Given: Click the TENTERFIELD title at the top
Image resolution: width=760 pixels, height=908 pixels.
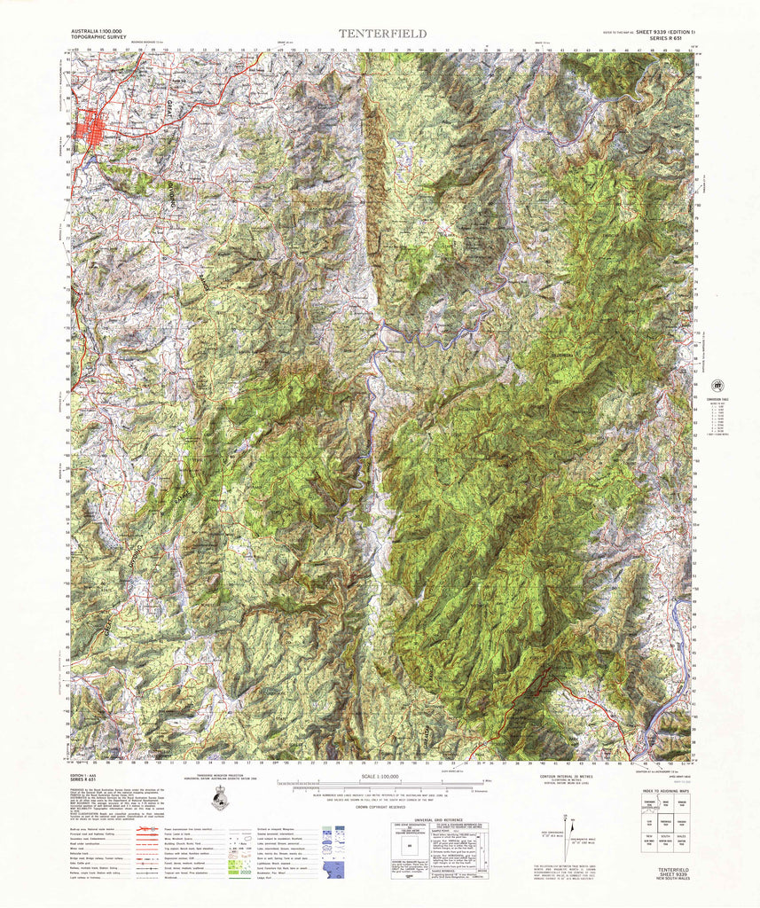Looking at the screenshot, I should click(381, 34).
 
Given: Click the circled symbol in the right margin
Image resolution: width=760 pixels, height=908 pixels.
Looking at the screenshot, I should click(717, 386).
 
